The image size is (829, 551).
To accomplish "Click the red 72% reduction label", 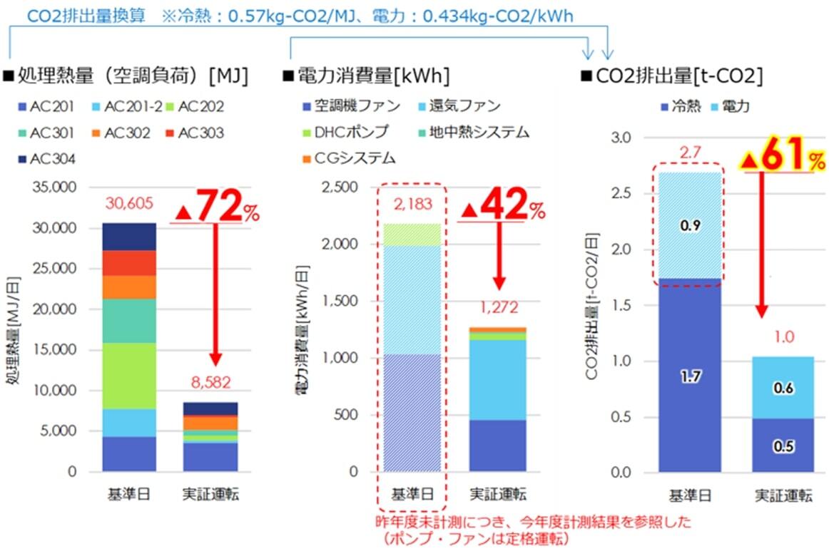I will pos(217,207).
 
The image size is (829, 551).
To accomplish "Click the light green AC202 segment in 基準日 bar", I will pos(129,376).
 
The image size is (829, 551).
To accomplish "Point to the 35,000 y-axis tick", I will pos(56,188).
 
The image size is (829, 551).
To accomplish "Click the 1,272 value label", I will pos(497,308).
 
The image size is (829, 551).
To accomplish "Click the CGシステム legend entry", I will pos(349,158).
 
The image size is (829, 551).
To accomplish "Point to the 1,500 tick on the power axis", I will pos(341,301).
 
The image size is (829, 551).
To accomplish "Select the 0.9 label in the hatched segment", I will pos(690,227).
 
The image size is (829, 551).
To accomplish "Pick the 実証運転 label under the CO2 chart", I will pos(783,496).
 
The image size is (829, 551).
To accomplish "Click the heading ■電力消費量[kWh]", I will pos(365,76).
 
